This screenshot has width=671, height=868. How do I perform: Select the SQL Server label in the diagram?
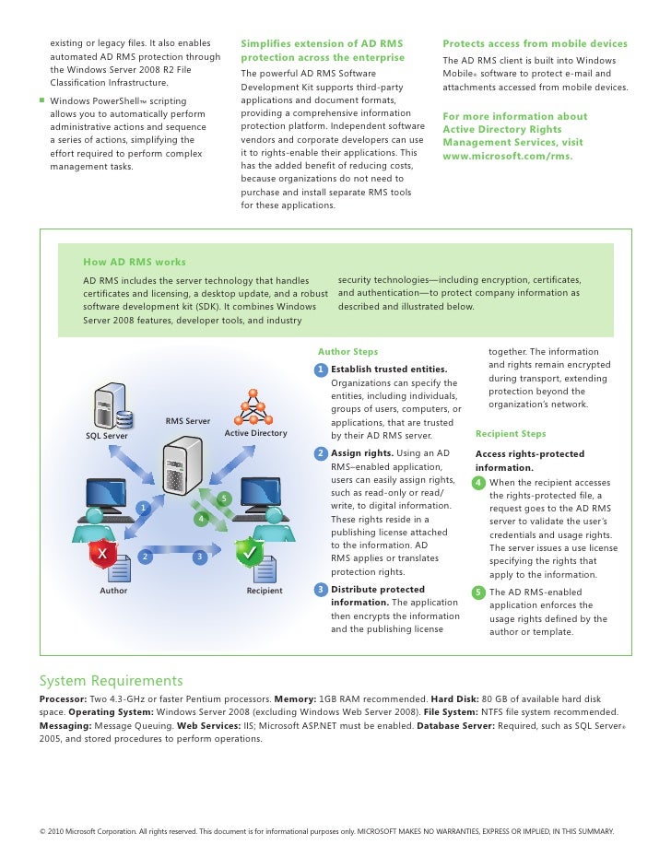pyautogui.click(x=107, y=436)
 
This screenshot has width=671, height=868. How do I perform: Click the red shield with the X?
pyautogui.click(x=102, y=554)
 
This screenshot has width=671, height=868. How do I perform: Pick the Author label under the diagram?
pyautogui.click(x=113, y=591)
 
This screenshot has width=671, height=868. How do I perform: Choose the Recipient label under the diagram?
pyautogui.click(x=265, y=591)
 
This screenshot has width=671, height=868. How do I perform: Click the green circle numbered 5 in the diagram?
pyautogui.click(x=223, y=499)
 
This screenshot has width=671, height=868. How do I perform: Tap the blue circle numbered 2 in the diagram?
pyautogui.click(x=145, y=556)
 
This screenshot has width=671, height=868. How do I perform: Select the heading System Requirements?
pyautogui.click(x=111, y=681)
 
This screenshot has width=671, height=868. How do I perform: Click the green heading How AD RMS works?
pyautogui.click(x=134, y=263)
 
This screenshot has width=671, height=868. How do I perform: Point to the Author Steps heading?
pyautogui.click(x=347, y=352)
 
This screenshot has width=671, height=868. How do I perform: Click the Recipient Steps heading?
pyautogui.click(x=511, y=434)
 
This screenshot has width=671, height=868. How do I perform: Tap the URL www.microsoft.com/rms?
pyautogui.click(x=507, y=156)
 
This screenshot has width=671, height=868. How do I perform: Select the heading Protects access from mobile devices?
pyautogui.click(x=535, y=43)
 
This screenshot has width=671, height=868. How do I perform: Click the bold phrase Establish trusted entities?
pyautogui.click(x=389, y=369)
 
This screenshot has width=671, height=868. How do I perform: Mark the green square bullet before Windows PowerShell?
pyautogui.click(x=41, y=100)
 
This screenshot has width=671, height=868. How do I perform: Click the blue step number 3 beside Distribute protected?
pyautogui.click(x=320, y=590)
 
